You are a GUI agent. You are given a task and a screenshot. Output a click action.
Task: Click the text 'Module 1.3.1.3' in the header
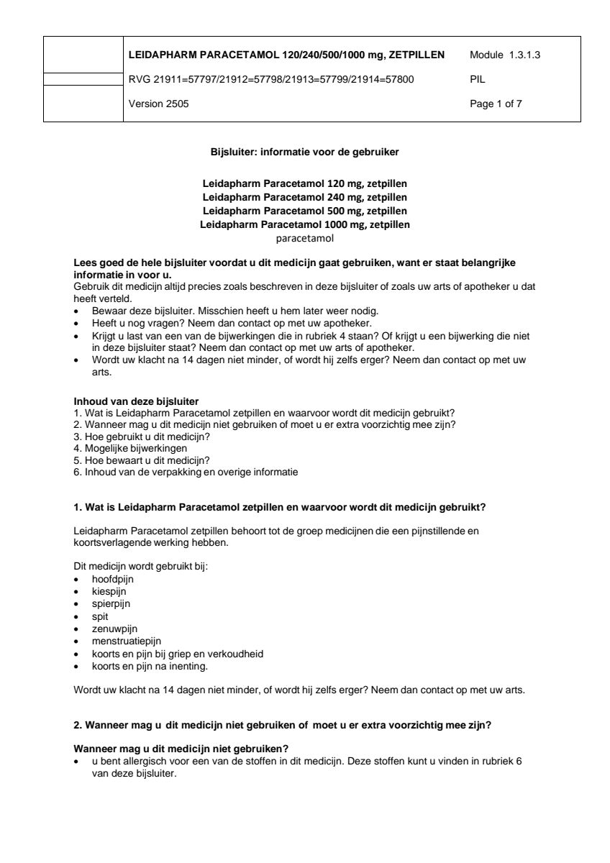(504, 55)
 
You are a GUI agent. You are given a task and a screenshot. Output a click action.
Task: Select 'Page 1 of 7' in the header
(496, 104)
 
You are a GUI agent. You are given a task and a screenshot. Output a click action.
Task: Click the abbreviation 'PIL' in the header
(476, 80)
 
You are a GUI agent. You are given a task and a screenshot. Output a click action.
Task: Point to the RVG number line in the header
(270, 80)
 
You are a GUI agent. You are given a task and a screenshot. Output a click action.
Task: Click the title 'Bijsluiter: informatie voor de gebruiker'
(304, 152)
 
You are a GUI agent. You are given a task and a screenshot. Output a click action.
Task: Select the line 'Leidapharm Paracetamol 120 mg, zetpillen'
(304, 183)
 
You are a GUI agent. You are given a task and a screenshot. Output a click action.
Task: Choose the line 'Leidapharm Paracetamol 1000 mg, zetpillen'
(304, 224)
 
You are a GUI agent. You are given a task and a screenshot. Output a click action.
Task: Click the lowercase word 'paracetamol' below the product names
(304, 238)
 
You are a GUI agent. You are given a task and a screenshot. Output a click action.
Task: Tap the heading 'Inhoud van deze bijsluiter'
(137, 401)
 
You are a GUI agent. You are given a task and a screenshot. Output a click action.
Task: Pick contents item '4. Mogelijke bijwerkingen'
(125, 447)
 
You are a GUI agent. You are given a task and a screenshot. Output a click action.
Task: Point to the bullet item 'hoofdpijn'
(112, 578)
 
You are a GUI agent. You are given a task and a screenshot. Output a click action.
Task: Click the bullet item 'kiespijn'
(109, 590)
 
